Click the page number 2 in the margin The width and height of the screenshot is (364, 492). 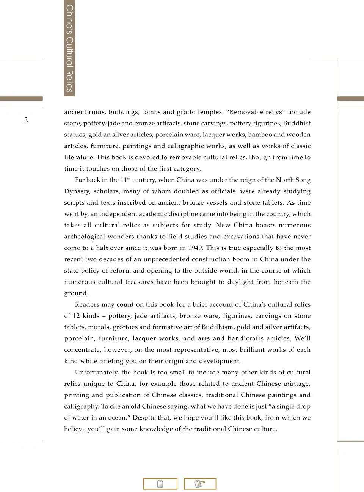pos(26,120)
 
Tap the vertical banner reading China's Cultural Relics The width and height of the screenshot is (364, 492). pos(69,48)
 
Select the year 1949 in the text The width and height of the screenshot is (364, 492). pos(195,248)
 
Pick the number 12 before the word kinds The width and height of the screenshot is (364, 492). pos(76,316)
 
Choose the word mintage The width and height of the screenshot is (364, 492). pos(297,384)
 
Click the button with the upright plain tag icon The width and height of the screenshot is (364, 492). pos(160,484)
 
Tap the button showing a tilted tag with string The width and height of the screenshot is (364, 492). pos(200,484)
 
